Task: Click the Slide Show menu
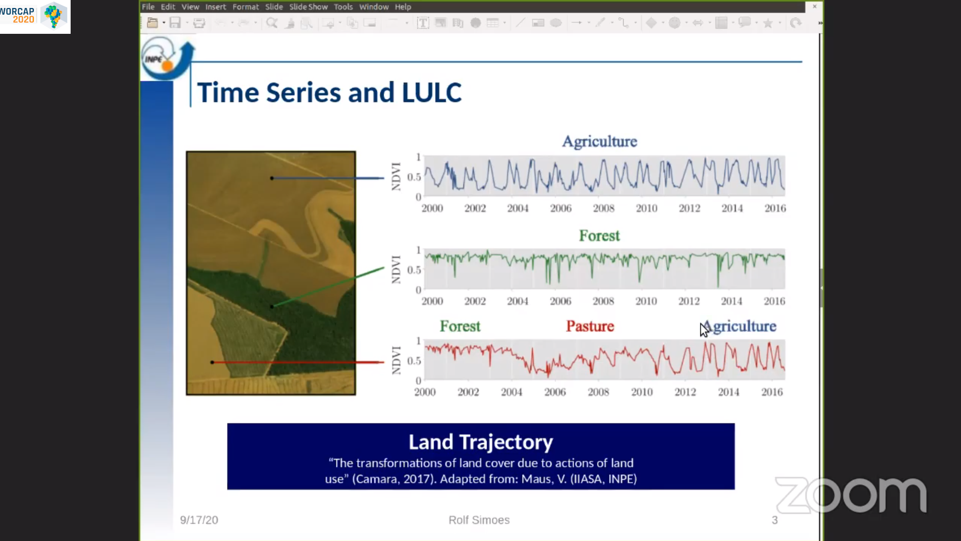(x=308, y=7)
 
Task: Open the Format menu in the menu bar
(x=245, y=7)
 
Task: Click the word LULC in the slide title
(x=431, y=92)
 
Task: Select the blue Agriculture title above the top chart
(x=599, y=141)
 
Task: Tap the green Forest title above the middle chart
(x=599, y=236)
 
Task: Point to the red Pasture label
(x=590, y=326)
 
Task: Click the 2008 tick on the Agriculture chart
(x=603, y=208)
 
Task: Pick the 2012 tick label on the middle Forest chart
(x=689, y=301)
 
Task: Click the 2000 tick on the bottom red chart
(x=425, y=392)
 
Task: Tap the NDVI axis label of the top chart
(x=396, y=177)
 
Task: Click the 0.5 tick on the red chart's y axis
(x=414, y=361)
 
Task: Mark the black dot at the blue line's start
(x=272, y=178)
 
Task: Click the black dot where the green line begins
(x=272, y=306)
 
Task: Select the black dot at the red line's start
(x=212, y=362)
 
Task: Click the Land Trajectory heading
(x=481, y=442)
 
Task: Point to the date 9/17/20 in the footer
(x=199, y=520)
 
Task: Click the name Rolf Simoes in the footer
(x=479, y=520)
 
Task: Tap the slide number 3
(x=775, y=520)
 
